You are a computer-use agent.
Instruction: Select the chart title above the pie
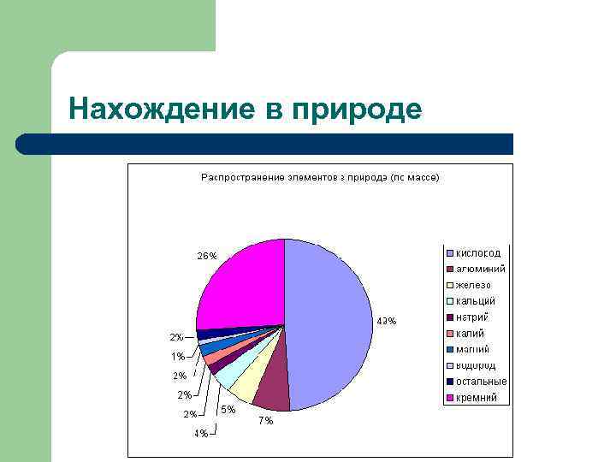(320, 178)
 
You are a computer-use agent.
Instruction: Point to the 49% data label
(386, 322)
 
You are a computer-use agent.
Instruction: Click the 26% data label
(207, 256)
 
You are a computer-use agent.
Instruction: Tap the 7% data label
(265, 421)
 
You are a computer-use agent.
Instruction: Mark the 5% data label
(228, 410)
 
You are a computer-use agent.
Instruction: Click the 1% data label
(177, 356)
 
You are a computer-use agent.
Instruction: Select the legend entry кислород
(478, 253)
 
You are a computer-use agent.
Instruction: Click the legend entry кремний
(477, 398)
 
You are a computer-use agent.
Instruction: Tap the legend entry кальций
(476, 301)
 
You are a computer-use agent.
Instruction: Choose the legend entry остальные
(481, 382)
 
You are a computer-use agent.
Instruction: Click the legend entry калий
(471, 334)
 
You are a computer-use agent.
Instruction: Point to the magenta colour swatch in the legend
(449, 398)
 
